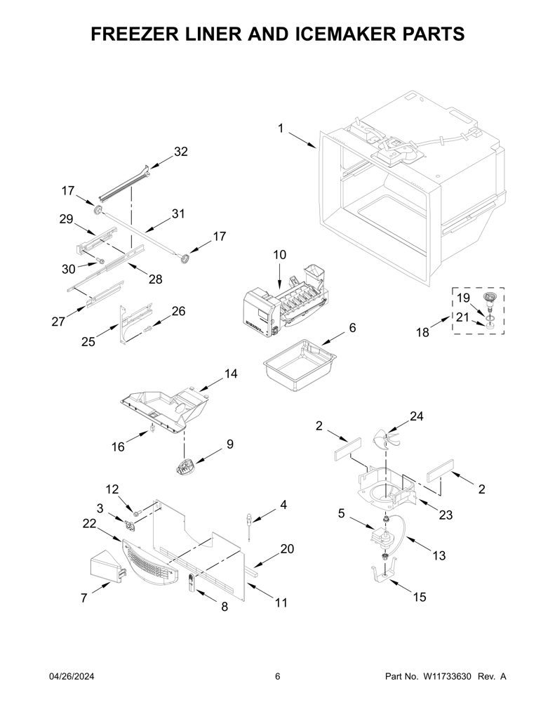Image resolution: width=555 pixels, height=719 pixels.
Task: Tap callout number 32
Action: pyautogui.click(x=180, y=152)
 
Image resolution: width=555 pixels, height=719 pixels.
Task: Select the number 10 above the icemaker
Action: pyautogui.click(x=279, y=254)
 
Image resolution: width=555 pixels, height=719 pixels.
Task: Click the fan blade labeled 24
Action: pyautogui.click(x=386, y=440)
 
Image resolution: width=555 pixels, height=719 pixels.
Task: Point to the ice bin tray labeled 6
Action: pyautogui.click(x=300, y=359)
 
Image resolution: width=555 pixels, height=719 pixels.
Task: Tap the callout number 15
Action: pyautogui.click(x=420, y=597)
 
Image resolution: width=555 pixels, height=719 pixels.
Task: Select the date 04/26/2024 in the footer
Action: pyautogui.click(x=71, y=676)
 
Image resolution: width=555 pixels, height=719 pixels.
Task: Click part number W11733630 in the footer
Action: pyautogui.click(x=447, y=676)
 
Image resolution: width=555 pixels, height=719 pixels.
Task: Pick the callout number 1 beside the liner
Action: pyautogui.click(x=281, y=128)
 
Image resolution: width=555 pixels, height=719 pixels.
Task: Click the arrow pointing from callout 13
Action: pyautogui.click(x=417, y=544)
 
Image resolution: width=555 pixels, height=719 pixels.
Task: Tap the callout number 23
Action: pyautogui.click(x=446, y=515)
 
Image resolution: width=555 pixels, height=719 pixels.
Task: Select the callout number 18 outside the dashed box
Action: pyautogui.click(x=422, y=332)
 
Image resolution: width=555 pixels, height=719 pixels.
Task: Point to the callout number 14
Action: pyautogui.click(x=231, y=374)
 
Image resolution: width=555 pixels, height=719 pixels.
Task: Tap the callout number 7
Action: pyautogui.click(x=84, y=598)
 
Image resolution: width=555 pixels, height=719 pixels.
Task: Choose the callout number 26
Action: pyautogui.click(x=178, y=311)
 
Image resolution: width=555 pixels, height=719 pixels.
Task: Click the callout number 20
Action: pyautogui.click(x=287, y=548)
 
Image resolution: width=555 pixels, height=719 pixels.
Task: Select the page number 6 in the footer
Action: pyautogui.click(x=277, y=676)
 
